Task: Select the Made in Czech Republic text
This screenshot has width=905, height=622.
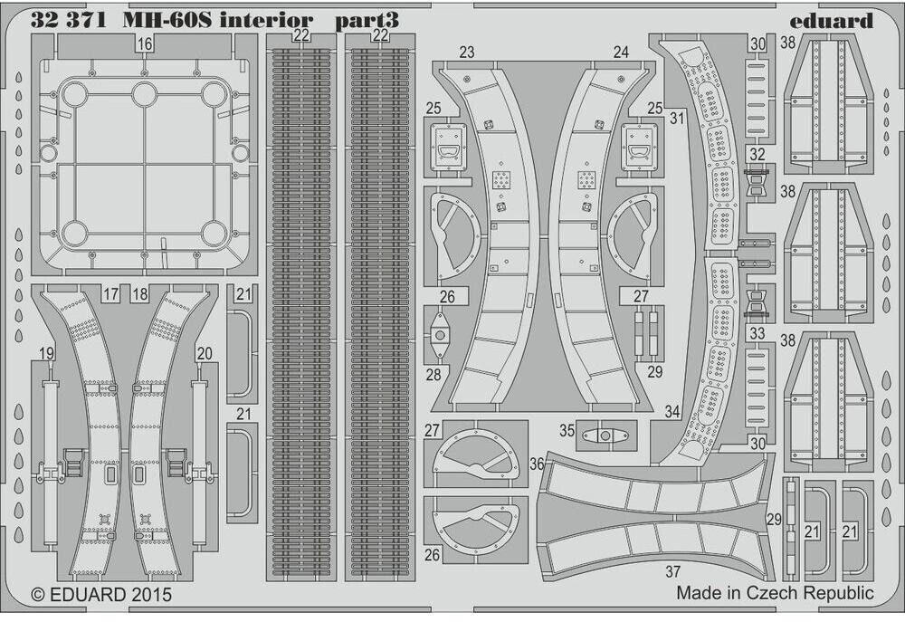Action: coord(775,593)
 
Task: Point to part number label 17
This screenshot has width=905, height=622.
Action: coord(111,293)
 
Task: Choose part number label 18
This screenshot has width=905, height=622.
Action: coord(138,293)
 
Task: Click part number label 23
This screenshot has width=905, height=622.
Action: coord(466,53)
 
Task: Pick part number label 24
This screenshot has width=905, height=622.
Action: coord(620,53)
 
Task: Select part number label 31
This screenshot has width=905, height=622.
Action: coord(675,118)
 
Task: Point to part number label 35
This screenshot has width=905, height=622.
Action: coord(567,431)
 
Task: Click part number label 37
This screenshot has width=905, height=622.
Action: coord(672,571)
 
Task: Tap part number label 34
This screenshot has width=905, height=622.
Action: coord(672,412)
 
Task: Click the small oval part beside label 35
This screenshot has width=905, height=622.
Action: coord(604,435)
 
